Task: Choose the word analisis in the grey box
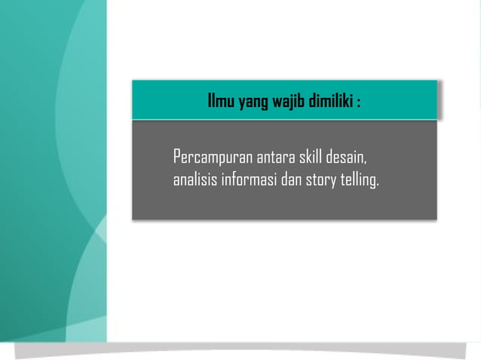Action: [x=195, y=181]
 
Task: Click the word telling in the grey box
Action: [x=357, y=181]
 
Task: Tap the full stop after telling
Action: [x=378, y=185]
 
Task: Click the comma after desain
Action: [x=366, y=163]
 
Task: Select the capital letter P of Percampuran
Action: [x=177, y=158]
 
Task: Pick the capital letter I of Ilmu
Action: [x=210, y=101]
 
